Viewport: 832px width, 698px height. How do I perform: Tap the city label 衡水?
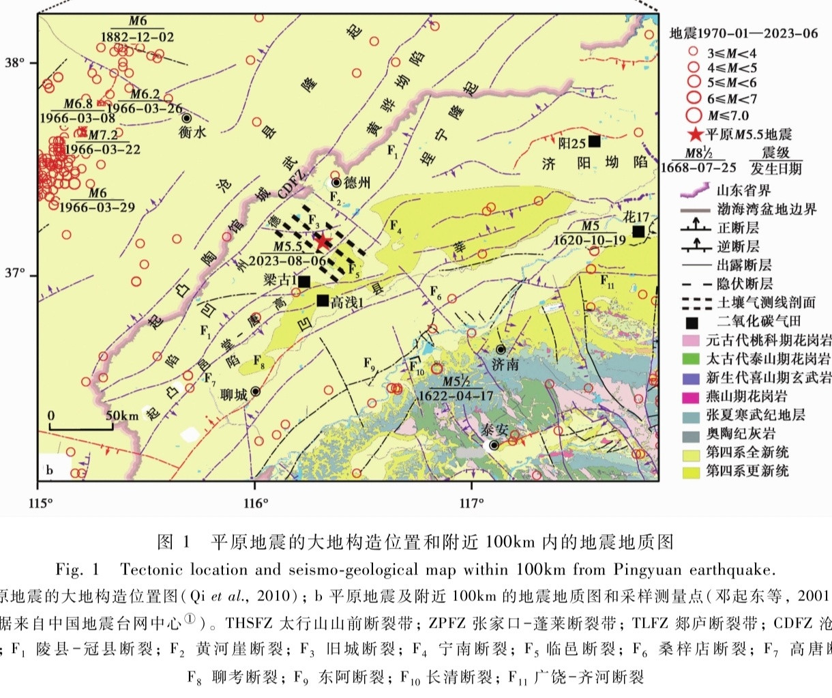(192, 133)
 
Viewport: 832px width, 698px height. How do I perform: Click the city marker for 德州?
(336, 182)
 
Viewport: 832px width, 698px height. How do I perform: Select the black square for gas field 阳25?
(594, 141)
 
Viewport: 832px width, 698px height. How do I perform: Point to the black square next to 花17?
(638, 231)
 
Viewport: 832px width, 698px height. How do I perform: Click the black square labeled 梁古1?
(304, 281)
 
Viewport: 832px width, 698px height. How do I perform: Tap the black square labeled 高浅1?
(323, 300)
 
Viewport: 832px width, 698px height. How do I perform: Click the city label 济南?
(505, 365)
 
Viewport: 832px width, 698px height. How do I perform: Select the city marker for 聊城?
(256, 392)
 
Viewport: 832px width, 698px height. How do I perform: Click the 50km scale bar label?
(122, 416)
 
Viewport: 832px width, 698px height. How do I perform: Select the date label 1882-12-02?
(138, 37)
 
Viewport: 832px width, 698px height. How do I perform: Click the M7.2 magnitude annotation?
(103, 135)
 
